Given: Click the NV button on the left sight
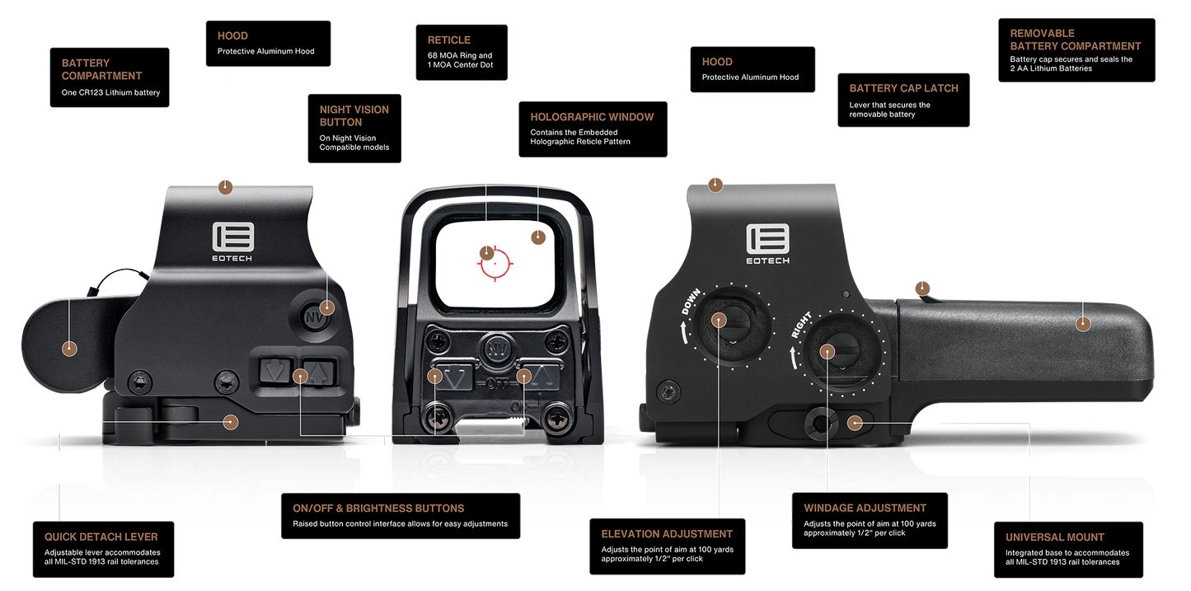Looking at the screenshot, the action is tap(314, 317).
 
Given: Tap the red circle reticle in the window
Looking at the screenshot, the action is tap(495, 263).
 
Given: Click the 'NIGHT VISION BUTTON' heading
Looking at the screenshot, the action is tap(354, 116).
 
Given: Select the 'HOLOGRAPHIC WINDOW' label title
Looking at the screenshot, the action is tap(592, 117).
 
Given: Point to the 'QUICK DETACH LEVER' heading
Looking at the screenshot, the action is tap(101, 537).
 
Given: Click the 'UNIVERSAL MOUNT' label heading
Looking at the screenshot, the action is tap(1055, 537).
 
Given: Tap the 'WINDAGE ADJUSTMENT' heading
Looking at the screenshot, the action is tap(865, 508).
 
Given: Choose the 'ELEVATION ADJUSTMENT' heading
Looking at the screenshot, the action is tap(667, 533).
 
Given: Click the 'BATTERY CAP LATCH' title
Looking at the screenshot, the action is tap(904, 88).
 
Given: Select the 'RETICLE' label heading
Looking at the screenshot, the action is tap(448, 40).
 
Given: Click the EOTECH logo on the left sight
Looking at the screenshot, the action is tap(233, 242).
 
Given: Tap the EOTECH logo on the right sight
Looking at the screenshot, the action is tap(768, 244).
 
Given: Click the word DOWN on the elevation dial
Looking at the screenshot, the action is tap(692, 301).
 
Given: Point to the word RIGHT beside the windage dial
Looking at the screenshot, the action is tap(801, 325).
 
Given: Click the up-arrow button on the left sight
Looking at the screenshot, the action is tap(319, 372).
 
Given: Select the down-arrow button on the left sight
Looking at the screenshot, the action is tap(275, 371).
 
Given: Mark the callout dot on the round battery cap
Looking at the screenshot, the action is tap(70, 349).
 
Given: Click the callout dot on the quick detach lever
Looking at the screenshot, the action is tap(230, 422).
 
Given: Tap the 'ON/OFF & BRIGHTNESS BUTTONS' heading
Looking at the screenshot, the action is tap(378, 508).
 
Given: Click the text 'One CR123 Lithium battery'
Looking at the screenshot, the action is tap(110, 92).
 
